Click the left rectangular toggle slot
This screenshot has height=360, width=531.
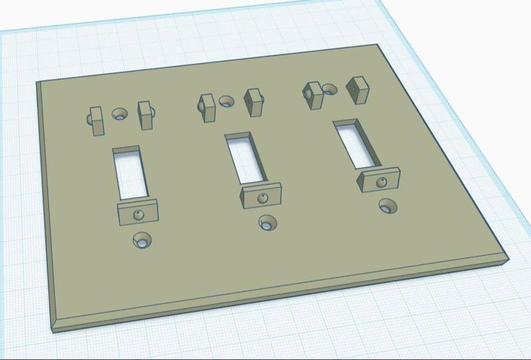[x=127, y=172]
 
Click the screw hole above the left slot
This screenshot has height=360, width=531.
[x=120, y=114]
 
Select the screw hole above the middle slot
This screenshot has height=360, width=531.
[x=227, y=102]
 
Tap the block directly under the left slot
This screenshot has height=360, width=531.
[x=138, y=213]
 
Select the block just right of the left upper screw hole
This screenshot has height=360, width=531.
[x=145, y=115]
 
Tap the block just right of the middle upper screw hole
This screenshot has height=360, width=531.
[x=254, y=102]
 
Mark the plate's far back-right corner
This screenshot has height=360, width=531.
[x=378, y=45]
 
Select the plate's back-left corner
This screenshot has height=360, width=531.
[x=37, y=82]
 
